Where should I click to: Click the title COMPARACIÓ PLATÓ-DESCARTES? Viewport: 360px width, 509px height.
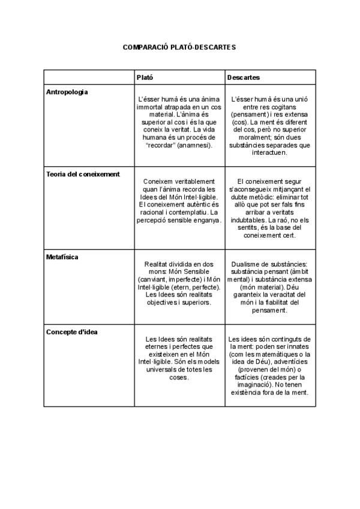click(179, 46)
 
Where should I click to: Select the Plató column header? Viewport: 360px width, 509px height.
click(145, 78)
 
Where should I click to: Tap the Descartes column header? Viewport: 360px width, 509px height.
click(244, 78)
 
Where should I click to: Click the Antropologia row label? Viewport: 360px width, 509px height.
click(67, 92)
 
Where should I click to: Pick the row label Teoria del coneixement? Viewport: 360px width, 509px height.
click(83, 174)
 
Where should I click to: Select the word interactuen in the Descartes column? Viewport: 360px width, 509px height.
click(270, 152)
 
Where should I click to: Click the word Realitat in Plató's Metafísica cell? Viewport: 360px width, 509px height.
click(158, 264)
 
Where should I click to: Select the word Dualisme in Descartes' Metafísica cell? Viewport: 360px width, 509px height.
click(245, 264)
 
